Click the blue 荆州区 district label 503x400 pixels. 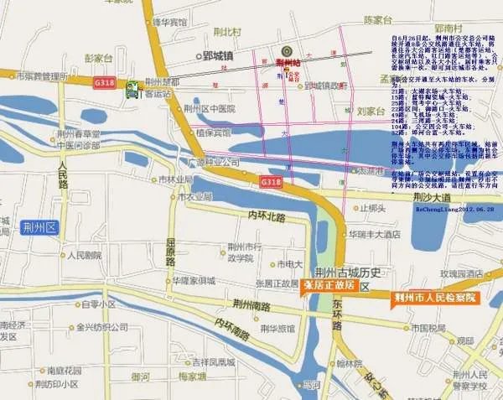pos(39,226)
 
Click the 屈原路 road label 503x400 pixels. pos(170,249)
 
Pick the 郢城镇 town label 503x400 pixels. pos(217,56)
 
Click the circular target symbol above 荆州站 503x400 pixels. pos(287,49)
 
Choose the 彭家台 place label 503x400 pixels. pos(99,58)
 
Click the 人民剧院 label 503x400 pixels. pos(86,255)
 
